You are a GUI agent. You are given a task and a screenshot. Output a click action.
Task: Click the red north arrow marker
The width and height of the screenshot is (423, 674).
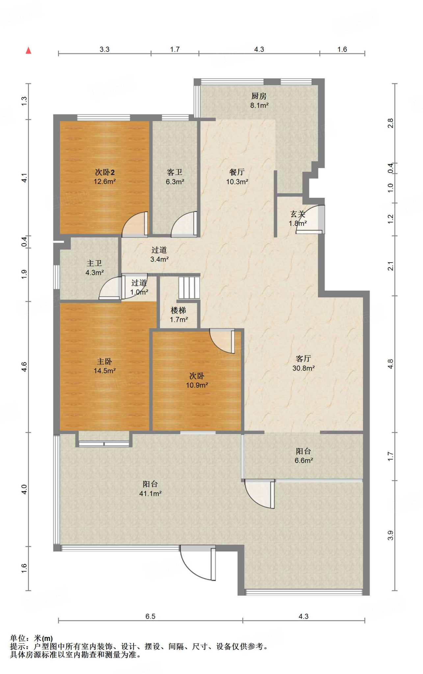[29, 50]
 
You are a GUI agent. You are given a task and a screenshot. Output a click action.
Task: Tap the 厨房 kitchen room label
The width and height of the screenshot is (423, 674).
[259, 96]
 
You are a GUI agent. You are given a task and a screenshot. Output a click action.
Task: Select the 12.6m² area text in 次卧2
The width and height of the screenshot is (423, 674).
[105, 181]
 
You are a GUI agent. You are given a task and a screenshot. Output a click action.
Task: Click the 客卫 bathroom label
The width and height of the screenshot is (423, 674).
[174, 172]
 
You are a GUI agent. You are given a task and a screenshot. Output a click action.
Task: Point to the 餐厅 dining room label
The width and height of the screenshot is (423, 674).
[237, 172]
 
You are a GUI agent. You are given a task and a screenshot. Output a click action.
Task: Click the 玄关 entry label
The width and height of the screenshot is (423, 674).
[298, 214]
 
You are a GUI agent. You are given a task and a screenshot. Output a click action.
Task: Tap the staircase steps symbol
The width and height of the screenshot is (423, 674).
[189, 288]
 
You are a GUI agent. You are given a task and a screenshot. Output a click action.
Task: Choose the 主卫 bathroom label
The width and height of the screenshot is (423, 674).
[94, 263]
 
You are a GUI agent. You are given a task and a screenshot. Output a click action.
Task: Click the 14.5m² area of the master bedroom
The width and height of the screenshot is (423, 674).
[105, 371]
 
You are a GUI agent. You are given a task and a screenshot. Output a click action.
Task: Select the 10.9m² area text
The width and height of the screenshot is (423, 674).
[197, 385]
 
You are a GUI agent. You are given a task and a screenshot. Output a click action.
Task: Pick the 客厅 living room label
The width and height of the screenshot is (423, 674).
[304, 359]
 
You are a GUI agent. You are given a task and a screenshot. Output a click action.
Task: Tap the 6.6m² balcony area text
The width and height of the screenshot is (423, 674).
[304, 460]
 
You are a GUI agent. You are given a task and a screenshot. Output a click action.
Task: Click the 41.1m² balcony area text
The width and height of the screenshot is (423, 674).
[150, 493]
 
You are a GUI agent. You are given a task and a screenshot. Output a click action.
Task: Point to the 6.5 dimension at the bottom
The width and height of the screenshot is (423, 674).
[150, 616]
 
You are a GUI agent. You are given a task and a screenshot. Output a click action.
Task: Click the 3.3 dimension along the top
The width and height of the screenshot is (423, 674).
[105, 49]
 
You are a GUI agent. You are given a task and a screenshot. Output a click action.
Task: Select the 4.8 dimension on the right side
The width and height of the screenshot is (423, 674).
[390, 364]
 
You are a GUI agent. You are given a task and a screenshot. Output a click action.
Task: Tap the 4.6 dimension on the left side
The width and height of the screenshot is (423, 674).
[24, 367]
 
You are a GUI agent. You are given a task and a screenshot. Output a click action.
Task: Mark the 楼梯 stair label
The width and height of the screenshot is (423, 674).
[178, 310]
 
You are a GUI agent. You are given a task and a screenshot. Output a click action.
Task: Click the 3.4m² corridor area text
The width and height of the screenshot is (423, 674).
[160, 259]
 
